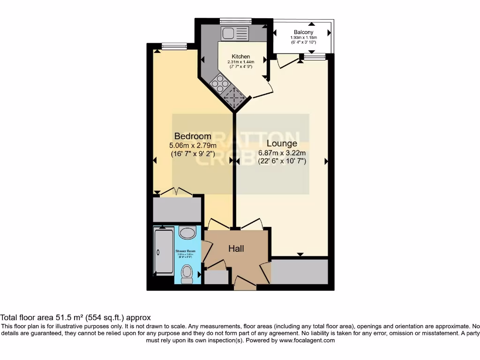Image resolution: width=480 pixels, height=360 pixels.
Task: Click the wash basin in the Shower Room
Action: click(187, 233)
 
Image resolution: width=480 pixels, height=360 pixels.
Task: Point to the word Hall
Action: click(236, 249)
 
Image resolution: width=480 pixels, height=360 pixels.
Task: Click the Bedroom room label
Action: click(193, 136)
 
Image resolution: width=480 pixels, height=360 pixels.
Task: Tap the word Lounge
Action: click(282, 143)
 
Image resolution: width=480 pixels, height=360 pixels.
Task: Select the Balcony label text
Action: click(303, 32)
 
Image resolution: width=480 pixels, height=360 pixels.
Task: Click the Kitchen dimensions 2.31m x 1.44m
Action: click(240, 61)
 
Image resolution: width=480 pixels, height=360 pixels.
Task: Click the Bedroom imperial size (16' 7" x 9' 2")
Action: click(193, 153)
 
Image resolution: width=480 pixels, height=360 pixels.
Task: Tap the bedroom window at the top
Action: click(174, 46)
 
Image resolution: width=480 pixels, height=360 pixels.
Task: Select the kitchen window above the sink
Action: click(235, 21)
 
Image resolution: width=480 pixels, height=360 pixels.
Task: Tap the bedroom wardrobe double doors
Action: click(176, 192)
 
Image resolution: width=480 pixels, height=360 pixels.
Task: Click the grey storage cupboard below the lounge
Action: click(300, 271)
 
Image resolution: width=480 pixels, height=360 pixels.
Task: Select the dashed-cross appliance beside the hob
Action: click(233, 97)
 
